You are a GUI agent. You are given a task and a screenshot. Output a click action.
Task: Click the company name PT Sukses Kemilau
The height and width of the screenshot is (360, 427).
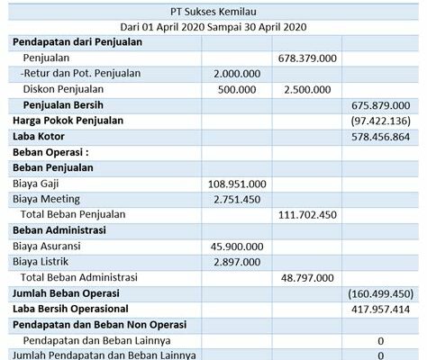[x=213, y=12]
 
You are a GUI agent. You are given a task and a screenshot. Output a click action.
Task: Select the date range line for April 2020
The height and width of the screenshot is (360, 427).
[x=213, y=27]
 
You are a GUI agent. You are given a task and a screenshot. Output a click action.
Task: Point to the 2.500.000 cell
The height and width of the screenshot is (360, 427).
[x=310, y=89]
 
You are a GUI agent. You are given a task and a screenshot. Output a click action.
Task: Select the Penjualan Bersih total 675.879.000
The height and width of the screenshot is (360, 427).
[x=382, y=104]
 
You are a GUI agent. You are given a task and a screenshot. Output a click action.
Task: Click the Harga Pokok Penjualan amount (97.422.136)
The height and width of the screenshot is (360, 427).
[x=382, y=121]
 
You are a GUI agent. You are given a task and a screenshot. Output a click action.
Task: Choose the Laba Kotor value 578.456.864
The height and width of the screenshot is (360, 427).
[x=382, y=136]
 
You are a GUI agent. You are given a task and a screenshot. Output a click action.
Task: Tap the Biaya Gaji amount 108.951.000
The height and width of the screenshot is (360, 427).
[x=237, y=184]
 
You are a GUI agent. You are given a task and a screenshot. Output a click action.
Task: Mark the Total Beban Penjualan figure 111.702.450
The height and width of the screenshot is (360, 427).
[x=308, y=214]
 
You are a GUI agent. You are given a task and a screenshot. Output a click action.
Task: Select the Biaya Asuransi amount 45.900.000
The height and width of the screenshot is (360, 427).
[x=238, y=246]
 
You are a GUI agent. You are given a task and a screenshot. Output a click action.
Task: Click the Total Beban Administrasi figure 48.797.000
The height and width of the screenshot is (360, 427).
[x=310, y=277]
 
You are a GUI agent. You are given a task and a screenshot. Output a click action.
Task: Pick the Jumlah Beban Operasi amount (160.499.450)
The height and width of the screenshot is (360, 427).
[x=380, y=293]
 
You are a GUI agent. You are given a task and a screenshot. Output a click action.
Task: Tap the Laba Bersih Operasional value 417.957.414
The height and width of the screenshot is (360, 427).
[x=382, y=309]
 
